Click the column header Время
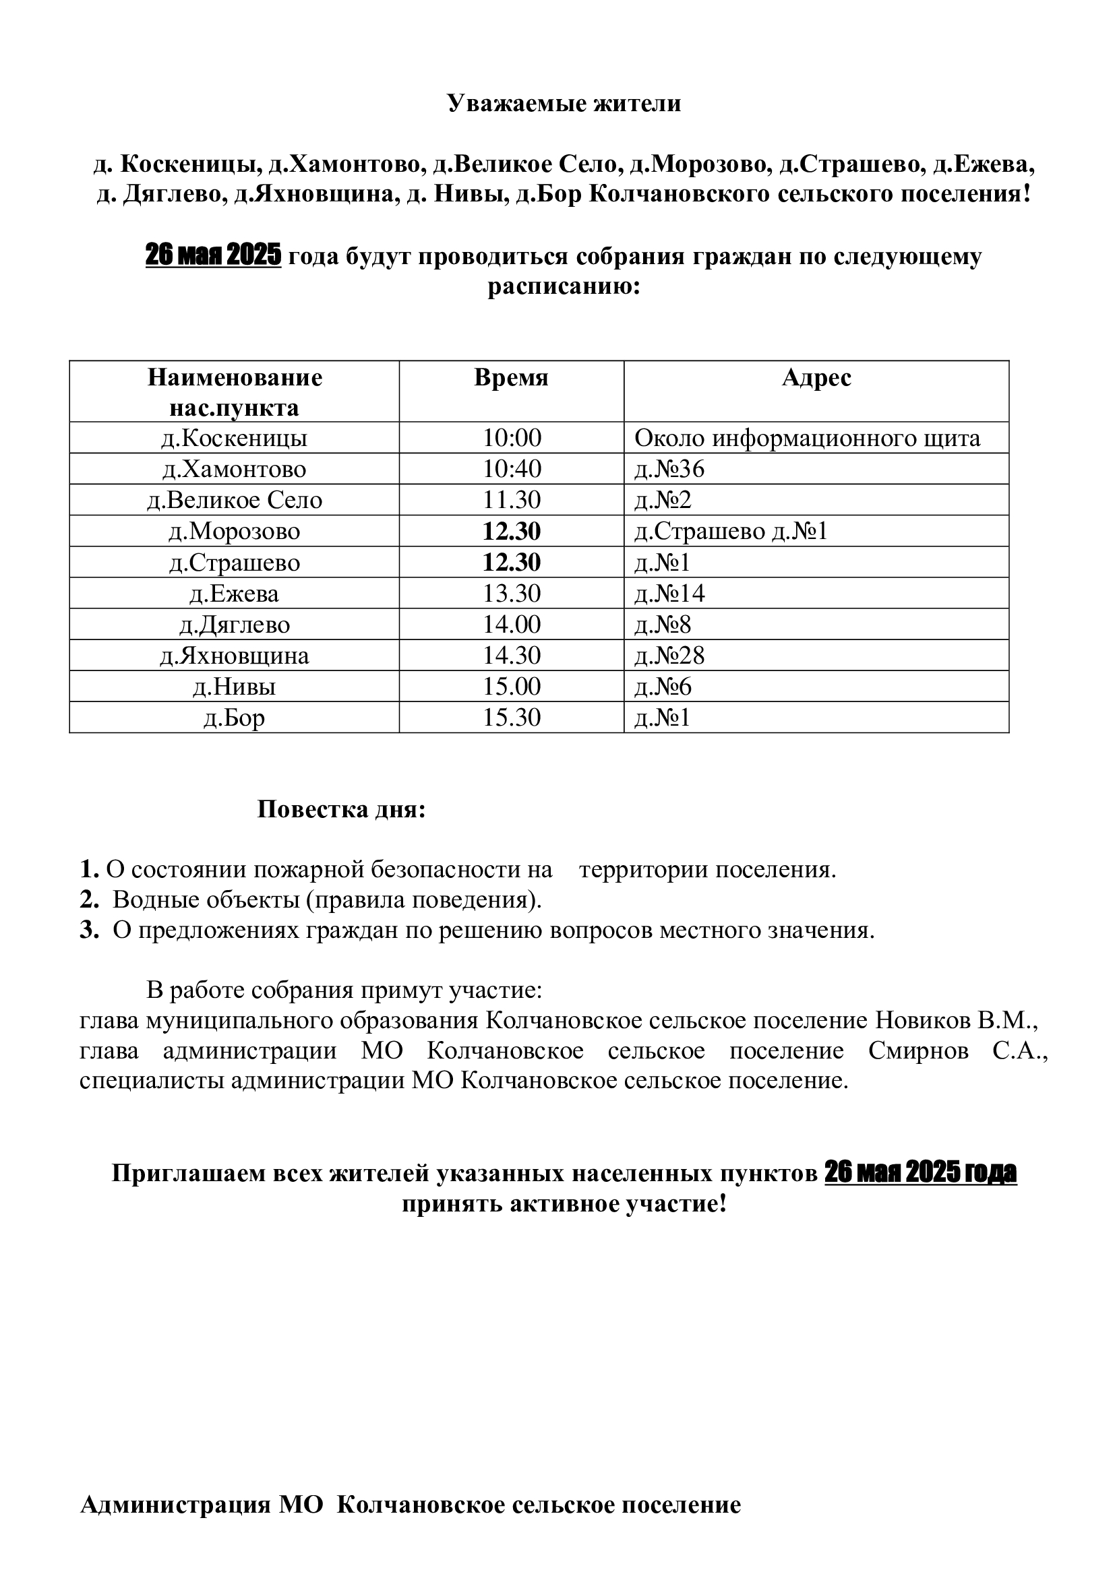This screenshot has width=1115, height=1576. (x=511, y=378)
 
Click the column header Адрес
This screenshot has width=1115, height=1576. (x=816, y=378)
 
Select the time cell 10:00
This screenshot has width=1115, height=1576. (x=512, y=438)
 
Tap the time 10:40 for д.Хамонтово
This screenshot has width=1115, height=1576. (x=512, y=469)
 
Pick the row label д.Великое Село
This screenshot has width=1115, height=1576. (x=234, y=500)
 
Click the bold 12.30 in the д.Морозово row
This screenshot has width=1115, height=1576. (x=512, y=531)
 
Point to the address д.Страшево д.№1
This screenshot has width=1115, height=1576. (x=731, y=531)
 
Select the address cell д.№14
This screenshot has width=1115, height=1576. (x=669, y=593)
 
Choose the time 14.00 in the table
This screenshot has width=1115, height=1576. (x=512, y=625)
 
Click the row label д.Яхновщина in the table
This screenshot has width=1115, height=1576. (x=234, y=656)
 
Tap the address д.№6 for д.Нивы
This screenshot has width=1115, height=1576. (x=663, y=687)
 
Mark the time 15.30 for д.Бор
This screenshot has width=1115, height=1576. (x=512, y=718)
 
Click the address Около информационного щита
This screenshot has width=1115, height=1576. (x=807, y=438)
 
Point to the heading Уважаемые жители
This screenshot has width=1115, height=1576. (x=564, y=104)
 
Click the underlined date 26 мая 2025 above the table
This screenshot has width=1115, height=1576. (x=213, y=256)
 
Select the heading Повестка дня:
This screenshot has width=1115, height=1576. (x=341, y=809)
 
